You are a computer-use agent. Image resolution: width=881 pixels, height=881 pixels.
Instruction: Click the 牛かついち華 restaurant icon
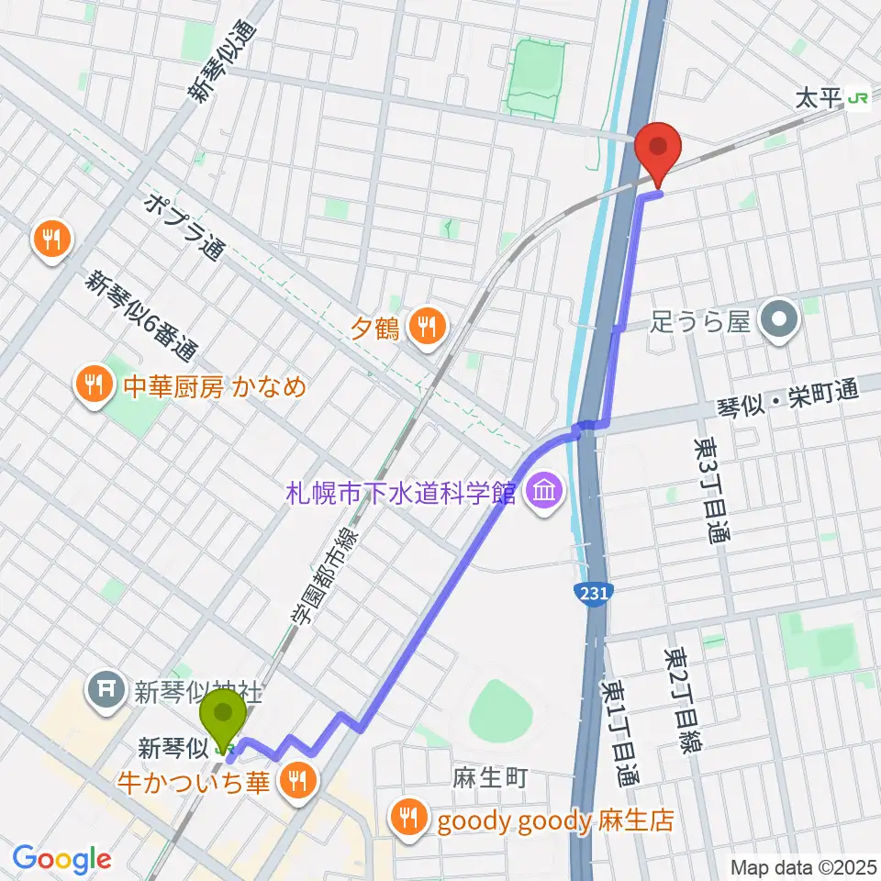(x=296, y=782)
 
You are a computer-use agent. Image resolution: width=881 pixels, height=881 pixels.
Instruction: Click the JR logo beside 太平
(x=859, y=97)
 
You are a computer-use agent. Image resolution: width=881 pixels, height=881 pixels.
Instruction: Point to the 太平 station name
(x=820, y=97)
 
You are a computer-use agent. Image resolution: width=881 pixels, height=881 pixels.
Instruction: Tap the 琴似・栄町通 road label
(x=788, y=402)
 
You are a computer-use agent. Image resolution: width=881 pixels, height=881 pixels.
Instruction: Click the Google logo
(x=62, y=860)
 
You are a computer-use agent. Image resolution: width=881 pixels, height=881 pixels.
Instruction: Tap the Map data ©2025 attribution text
(x=803, y=867)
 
